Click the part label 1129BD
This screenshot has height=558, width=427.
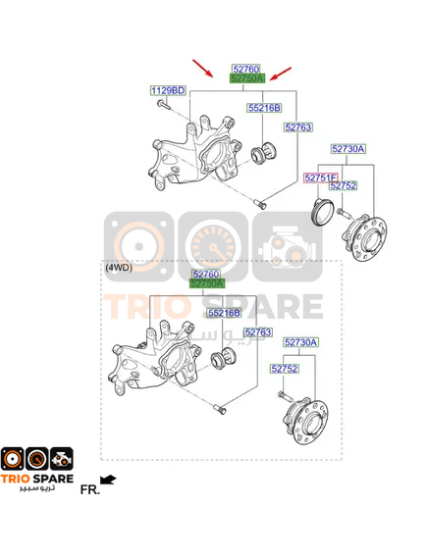click(x=168, y=90)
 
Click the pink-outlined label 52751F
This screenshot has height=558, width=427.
click(x=321, y=178)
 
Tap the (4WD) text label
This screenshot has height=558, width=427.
click(x=119, y=268)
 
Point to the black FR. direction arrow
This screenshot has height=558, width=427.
click(x=108, y=480)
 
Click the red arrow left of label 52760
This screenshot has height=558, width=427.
click(x=202, y=68)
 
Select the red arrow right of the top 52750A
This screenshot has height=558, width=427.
click(x=281, y=74)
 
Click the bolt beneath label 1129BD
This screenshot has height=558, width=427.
click(x=164, y=105)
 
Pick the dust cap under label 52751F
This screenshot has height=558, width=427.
click(x=323, y=212)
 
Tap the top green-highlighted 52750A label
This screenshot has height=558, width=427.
click(x=247, y=78)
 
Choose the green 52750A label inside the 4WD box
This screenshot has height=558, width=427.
click(x=207, y=283)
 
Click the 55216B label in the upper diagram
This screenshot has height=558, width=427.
click(x=264, y=108)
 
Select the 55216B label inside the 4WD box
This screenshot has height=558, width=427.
click(x=224, y=313)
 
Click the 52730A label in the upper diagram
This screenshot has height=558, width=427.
click(x=347, y=148)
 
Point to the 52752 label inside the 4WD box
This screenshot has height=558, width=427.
click(x=285, y=369)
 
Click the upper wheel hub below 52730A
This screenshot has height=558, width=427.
click(x=364, y=237)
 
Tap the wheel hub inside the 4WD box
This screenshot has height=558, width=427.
click(x=306, y=422)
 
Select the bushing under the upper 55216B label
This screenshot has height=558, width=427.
click(x=263, y=153)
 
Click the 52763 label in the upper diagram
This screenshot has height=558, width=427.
click(x=298, y=127)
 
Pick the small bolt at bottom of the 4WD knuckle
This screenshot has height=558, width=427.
click(x=221, y=409)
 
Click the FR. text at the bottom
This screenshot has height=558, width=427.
click(x=89, y=489)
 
